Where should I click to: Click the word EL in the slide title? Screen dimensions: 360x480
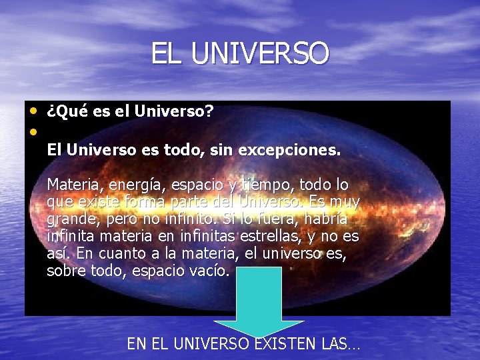(167, 53)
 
